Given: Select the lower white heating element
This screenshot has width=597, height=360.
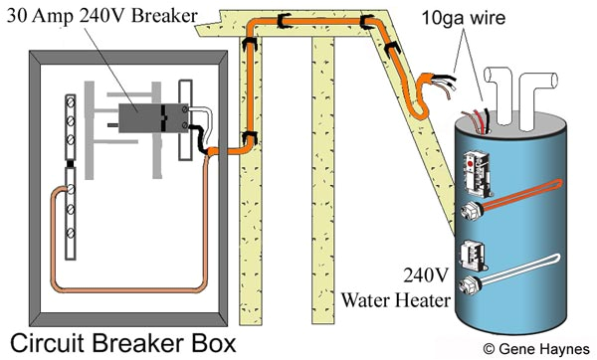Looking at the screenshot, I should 503,285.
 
